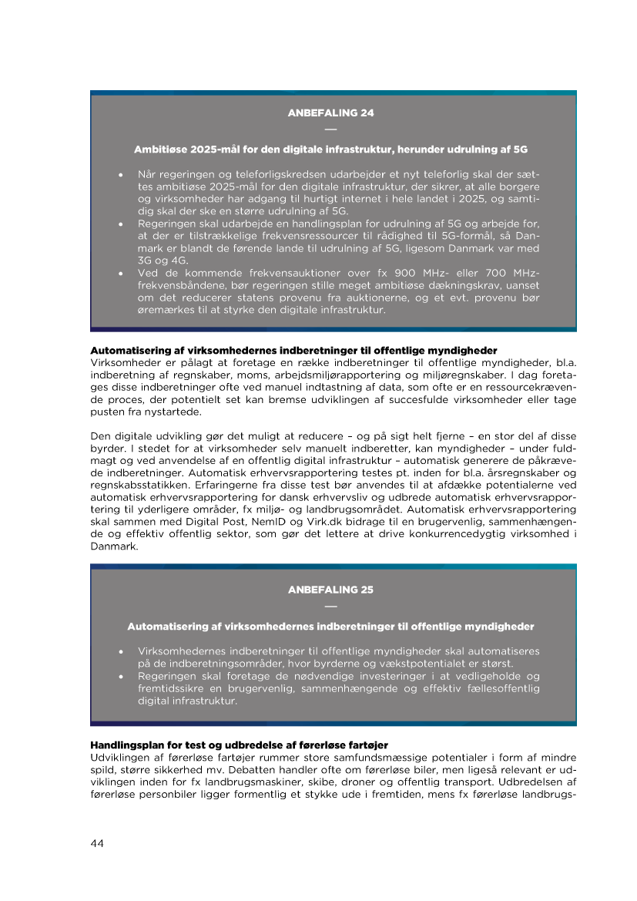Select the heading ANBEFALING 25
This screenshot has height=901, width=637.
point(331,590)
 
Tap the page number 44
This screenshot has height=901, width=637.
point(97,843)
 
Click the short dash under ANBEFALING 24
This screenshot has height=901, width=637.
point(331,128)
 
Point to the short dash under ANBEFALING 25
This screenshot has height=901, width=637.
point(331,605)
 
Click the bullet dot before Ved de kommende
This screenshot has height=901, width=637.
point(122,273)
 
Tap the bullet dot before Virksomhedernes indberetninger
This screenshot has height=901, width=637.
point(122,651)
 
